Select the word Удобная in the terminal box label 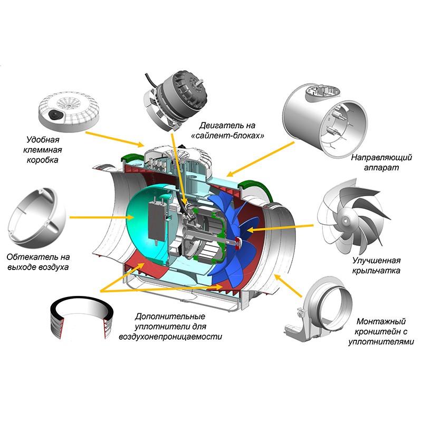[44, 140]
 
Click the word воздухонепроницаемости [170, 336]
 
